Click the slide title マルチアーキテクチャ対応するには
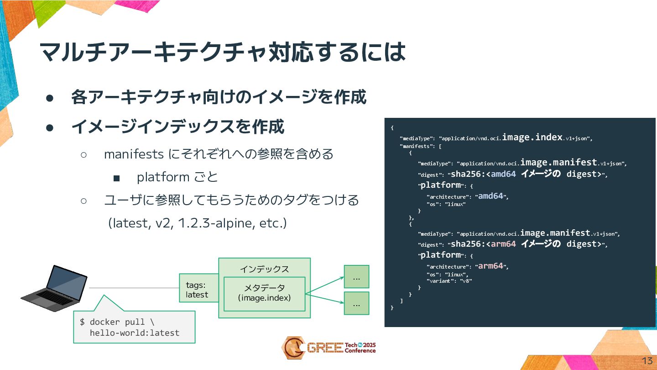click(x=222, y=52)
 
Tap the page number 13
click(x=647, y=361)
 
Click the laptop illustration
click(x=54, y=288)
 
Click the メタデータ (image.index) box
click(x=264, y=293)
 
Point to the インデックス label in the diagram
click(x=264, y=269)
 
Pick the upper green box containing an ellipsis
click(x=356, y=277)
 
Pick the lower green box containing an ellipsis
click(x=356, y=303)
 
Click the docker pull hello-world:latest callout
click(x=134, y=327)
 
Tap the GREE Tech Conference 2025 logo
click(x=328, y=348)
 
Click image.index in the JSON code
click(x=532, y=137)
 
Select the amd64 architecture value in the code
click(x=490, y=196)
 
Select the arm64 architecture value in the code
click(x=490, y=266)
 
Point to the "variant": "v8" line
click(x=449, y=281)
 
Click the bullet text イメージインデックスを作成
click(x=178, y=127)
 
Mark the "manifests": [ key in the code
click(x=420, y=147)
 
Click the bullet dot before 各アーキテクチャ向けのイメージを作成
click(x=50, y=98)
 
